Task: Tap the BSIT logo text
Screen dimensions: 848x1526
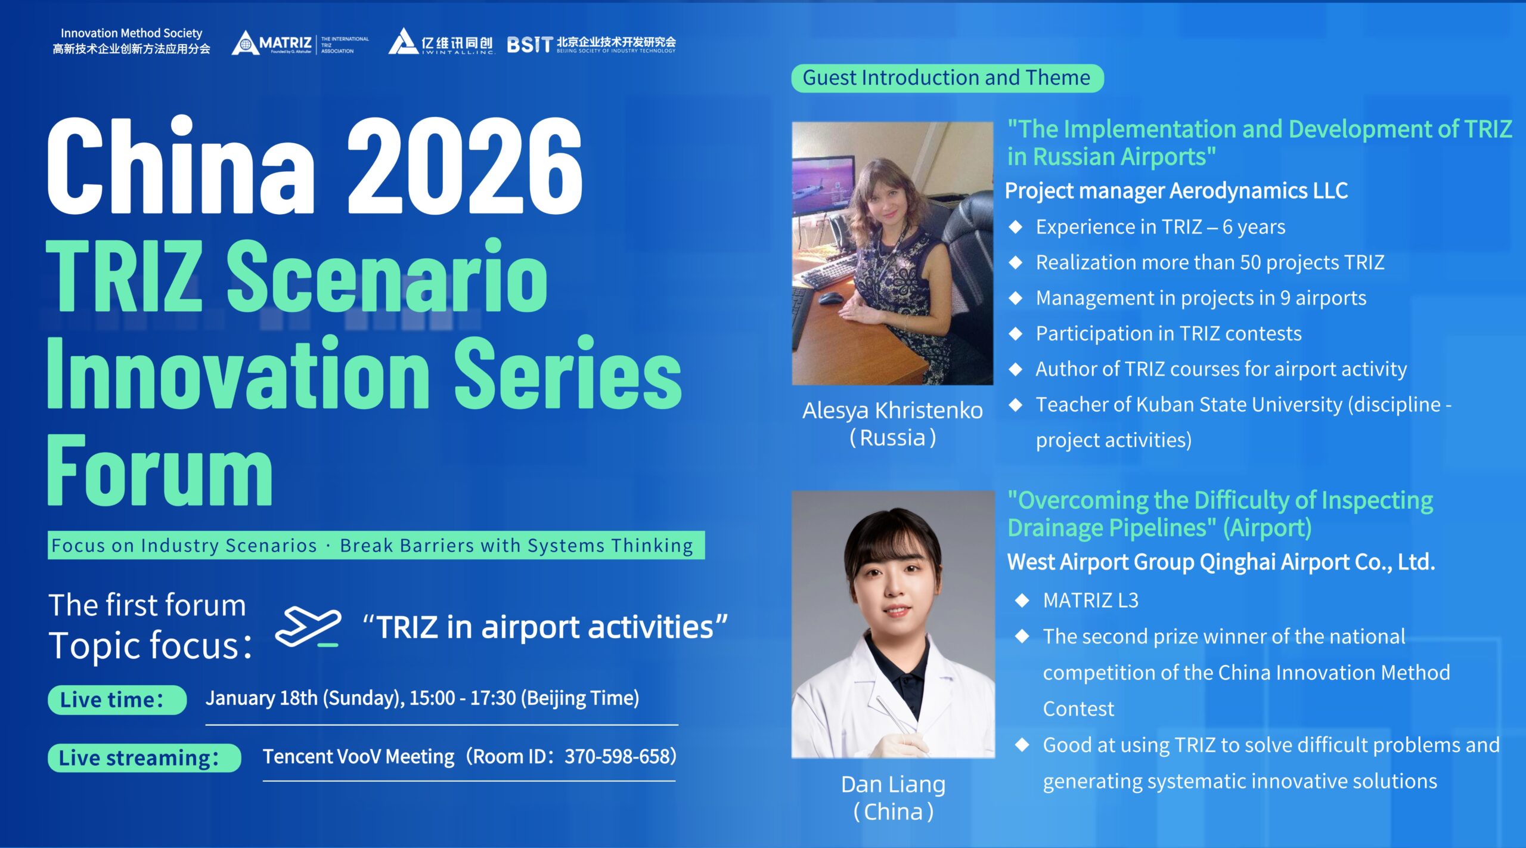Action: pos(529,44)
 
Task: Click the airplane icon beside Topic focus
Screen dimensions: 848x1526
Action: pos(308,627)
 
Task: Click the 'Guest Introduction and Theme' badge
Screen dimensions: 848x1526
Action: pos(947,78)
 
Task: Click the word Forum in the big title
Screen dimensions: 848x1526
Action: pos(160,471)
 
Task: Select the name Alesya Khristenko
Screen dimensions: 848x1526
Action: pos(892,410)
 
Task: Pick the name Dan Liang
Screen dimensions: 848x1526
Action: pos(893,784)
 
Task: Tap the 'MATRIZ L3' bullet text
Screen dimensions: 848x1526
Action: pos(1090,601)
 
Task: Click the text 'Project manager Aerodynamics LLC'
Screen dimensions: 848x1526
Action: pos(1176,191)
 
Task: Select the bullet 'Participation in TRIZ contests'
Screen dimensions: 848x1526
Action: pos(1168,333)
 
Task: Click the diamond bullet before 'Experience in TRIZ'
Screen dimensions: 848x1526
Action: pos(1016,227)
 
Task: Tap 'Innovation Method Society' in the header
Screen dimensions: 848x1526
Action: pos(131,33)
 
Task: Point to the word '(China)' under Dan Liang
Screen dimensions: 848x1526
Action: pos(893,812)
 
